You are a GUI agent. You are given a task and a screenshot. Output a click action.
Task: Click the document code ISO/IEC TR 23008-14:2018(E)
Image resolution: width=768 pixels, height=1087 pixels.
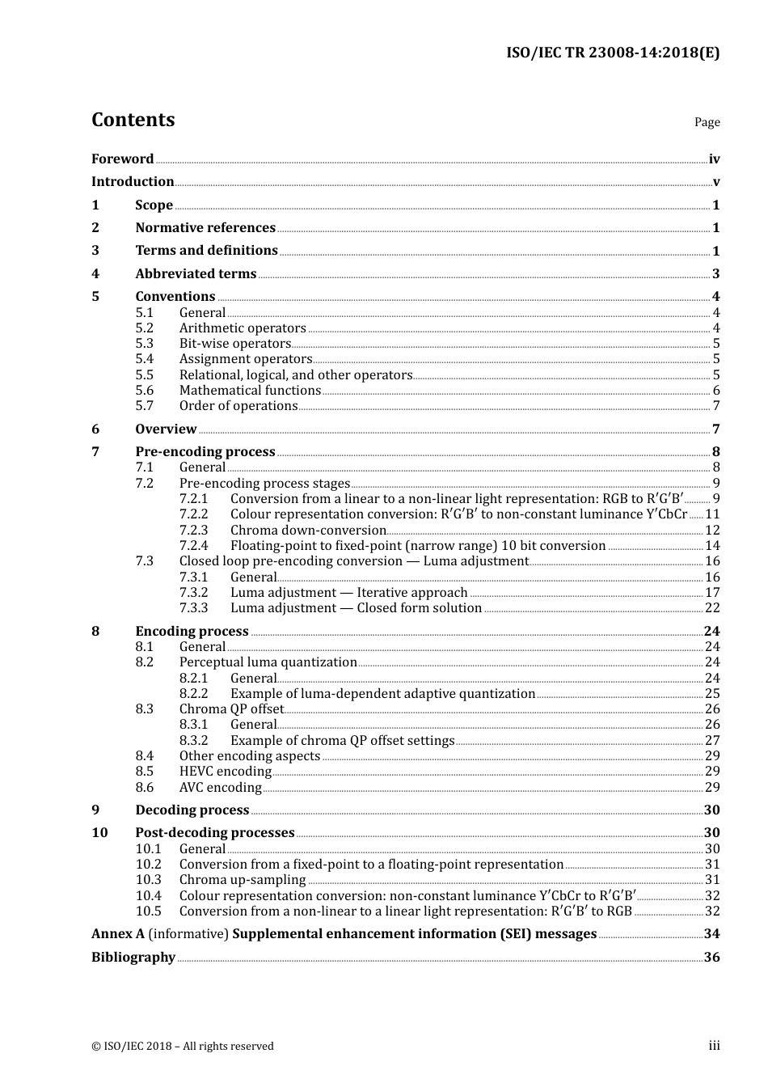click(x=612, y=53)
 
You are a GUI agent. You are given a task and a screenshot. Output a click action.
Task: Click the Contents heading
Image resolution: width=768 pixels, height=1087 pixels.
click(x=133, y=120)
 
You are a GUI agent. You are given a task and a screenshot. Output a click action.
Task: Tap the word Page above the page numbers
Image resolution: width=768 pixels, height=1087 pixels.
click(x=707, y=122)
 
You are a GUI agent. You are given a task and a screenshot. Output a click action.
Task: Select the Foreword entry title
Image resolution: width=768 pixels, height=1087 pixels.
click(x=122, y=159)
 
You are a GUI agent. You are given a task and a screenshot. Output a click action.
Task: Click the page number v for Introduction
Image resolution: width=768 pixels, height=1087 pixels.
click(x=715, y=182)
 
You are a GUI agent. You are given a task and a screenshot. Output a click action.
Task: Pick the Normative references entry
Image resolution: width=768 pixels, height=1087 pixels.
click(x=205, y=228)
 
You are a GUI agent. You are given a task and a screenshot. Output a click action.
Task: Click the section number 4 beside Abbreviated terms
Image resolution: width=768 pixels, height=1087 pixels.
click(x=95, y=274)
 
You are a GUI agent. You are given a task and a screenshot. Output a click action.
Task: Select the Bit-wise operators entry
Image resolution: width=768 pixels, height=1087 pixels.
click(x=234, y=344)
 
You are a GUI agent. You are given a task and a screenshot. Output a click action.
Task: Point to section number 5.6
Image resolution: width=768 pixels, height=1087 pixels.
click(x=144, y=391)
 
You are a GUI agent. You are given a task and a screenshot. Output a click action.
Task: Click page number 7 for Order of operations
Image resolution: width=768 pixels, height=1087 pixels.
click(x=715, y=406)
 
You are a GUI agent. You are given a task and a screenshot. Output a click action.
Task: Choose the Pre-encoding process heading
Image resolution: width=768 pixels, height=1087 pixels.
click(x=205, y=452)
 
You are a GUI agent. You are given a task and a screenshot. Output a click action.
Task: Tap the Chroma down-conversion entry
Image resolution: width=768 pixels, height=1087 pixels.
click(x=308, y=531)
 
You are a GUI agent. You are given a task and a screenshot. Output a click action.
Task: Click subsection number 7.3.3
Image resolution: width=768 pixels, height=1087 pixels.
click(x=193, y=608)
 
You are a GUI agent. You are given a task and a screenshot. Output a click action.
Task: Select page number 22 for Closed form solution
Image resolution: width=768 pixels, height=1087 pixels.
click(x=712, y=608)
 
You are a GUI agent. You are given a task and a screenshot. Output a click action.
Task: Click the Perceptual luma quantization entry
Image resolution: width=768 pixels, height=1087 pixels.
click(x=268, y=662)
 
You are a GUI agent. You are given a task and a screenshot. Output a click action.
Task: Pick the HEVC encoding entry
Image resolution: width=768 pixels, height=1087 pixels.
click(x=225, y=772)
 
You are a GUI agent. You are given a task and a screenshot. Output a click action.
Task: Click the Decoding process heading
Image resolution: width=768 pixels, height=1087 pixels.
click(x=192, y=810)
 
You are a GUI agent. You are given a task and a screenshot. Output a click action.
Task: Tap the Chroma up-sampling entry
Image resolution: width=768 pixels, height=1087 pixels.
click(x=243, y=880)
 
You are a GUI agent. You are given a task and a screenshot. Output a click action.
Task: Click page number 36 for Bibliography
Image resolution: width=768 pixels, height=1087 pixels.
click(x=711, y=958)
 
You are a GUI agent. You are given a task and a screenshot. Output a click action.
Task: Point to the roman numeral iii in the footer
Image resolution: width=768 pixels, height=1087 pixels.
click(x=714, y=1046)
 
